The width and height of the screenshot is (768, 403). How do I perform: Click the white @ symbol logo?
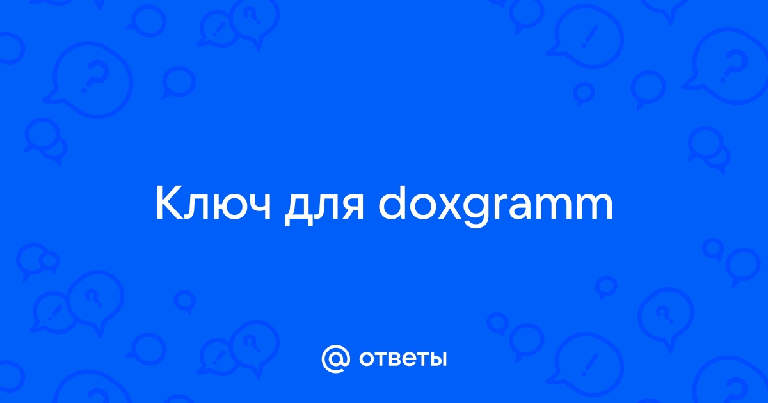(x=336, y=359)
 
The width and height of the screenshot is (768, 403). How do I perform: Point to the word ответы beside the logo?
(x=403, y=359)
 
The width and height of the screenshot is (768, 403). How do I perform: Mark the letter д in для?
(x=298, y=210)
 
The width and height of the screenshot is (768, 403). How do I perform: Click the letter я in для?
(x=353, y=208)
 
